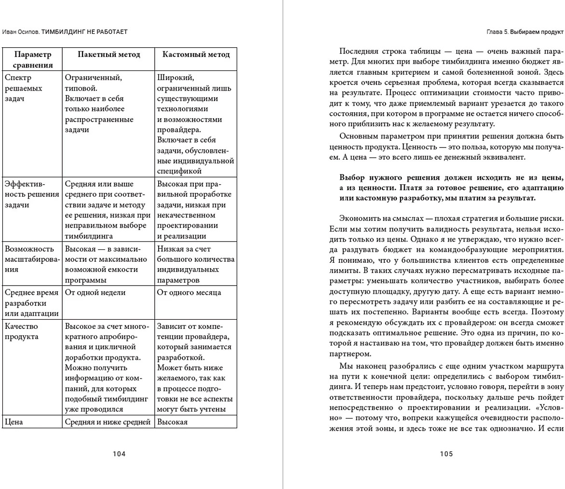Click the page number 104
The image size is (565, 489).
tap(119, 454)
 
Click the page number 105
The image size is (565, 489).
tap(446, 454)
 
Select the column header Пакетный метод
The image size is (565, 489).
tap(109, 54)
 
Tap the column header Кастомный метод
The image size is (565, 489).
tap(196, 54)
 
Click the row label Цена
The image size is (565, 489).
tap(14, 422)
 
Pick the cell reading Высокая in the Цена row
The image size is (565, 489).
tap(172, 422)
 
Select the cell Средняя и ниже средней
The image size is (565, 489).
tap(108, 422)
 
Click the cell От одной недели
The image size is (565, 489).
tap(95, 292)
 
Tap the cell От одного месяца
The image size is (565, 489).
tap(189, 292)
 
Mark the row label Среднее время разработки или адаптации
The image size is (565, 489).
tap(32, 303)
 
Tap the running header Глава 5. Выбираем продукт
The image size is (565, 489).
tap(525, 32)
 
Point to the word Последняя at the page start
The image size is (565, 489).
tap(358, 51)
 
